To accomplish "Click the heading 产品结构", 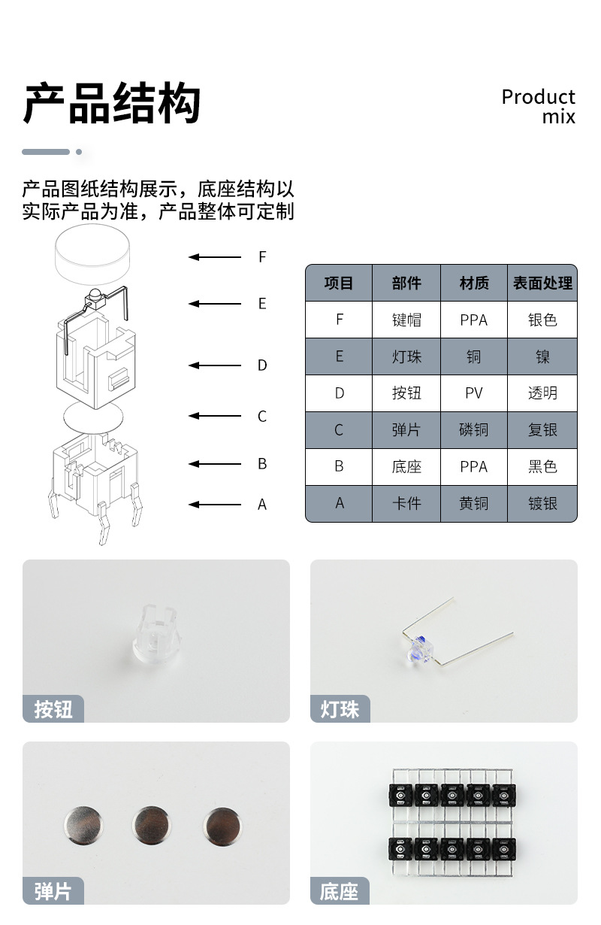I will [112, 104].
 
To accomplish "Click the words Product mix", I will [538, 106].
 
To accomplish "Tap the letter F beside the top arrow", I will [262, 257].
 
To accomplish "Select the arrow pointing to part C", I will [215, 416].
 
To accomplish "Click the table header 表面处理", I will [542, 284].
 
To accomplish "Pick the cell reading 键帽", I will [406, 320].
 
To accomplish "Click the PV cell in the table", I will [473, 393].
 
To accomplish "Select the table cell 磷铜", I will [473, 430].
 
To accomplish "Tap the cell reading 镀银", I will [542, 504].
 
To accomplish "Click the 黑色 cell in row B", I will [542, 467].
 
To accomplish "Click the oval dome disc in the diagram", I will [92, 416].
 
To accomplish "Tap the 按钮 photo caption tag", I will [53, 709].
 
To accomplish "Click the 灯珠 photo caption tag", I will [340, 709].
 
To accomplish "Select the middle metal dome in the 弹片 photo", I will [151, 823].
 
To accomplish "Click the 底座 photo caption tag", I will [340, 892].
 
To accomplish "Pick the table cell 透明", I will [542, 393].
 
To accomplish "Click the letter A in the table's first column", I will [339, 504].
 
